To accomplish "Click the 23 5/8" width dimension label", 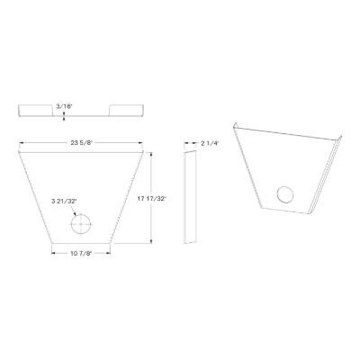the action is pos(81,143).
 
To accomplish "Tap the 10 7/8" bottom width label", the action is pos(81,254).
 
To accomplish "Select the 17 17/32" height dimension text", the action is pos(151,198).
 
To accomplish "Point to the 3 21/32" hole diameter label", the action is pos(64,202).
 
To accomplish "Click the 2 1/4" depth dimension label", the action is pos(210,143).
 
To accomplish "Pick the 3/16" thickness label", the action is pos(64,106).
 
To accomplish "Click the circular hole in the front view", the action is pos(81,224).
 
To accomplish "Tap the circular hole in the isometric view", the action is pos(285,194).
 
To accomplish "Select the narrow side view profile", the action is pos(190,197).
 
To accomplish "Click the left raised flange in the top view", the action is pos(36,110).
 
